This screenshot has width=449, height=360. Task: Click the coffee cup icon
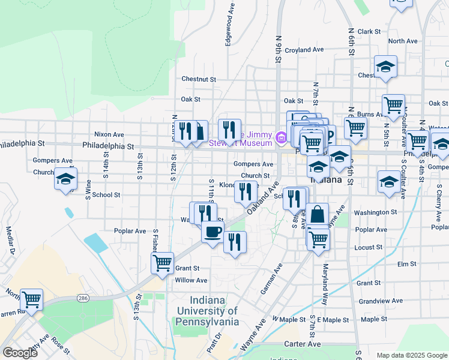tap(212, 232)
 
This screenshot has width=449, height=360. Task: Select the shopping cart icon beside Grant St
tap(162, 263)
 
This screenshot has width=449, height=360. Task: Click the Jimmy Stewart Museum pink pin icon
tap(280, 139)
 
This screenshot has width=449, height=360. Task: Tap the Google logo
tap(19, 352)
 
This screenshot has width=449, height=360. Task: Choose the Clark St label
tap(369, 31)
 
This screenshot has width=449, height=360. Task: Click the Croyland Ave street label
tap(304, 50)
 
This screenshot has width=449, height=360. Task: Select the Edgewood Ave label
tap(229, 26)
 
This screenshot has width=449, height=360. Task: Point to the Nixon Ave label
tap(109, 134)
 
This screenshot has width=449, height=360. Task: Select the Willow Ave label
tap(191, 280)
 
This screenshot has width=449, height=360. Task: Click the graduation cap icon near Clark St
tap(385, 67)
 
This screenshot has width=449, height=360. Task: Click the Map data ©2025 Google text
tap(411, 355)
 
